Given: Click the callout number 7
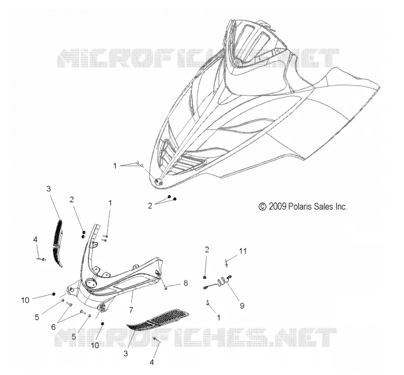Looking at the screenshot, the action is [x=131, y=310].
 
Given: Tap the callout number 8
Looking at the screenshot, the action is [x=186, y=283].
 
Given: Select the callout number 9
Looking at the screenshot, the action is [x=242, y=306].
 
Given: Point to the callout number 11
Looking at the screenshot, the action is [x=243, y=251].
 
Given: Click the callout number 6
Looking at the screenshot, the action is [x=54, y=327].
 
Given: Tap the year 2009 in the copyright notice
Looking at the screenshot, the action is [x=277, y=207].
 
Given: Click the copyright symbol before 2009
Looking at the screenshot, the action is [x=262, y=207].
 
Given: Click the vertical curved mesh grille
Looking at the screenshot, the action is [x=58, y=243].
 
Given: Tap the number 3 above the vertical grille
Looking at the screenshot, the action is [x=48, y=189].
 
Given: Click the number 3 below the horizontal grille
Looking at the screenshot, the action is [x=125, y=353].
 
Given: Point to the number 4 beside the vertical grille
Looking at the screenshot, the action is [x=35, y=240].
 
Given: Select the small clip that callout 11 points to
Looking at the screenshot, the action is [x=226, y=263].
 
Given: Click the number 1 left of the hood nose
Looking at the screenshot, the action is [x=115, y=166].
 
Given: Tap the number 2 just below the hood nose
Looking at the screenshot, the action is [x=150, y=206].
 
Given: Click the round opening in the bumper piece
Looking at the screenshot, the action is [x=90, y=283].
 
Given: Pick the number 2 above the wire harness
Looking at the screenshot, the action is [x=207, y=249].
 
